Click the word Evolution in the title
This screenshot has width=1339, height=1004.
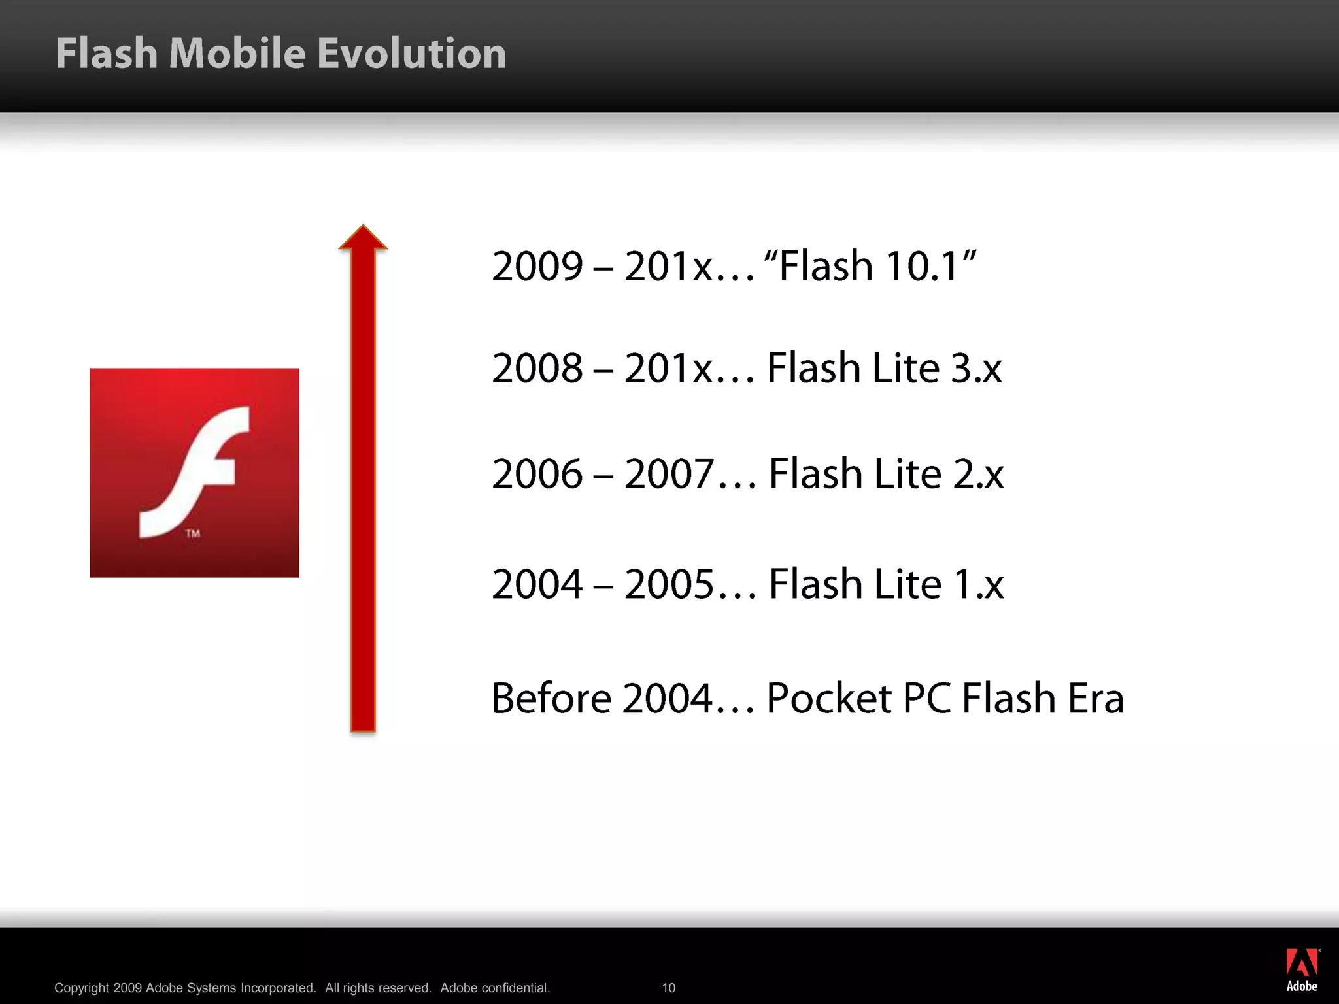pyautogui.click(x=411, y=53)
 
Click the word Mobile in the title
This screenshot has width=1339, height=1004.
pyautogui.click(x=237, y=53)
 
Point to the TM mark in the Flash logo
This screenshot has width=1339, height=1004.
pyautogui.click(x=193, y=533)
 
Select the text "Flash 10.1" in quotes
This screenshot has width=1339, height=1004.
pyautogui.click(x=870, y=266)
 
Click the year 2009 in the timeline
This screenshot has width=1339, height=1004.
pyautogui.click(x=537, y=266)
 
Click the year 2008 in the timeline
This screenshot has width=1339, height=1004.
pyautogui.click(x=537, y=368)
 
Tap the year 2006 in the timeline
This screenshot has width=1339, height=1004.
pyautogui.click(x=537, y=474)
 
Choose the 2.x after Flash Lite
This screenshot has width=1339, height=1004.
pyautogui.click(x=978, y=474)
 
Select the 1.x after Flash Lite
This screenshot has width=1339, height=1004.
pyautogui.click(x=978, y=584)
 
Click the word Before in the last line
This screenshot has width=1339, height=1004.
pyautogui.click(x=551, y=698)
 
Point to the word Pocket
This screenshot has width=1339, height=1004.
pyautogui.click(x=828, y=698)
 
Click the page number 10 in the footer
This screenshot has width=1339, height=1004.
pyautogui.click(x=668, y=988)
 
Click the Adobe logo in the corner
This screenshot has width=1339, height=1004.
pyautogui.click(x=1302, y=970)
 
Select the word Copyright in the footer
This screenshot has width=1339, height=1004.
pyautogui.click(x=81, y=988)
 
